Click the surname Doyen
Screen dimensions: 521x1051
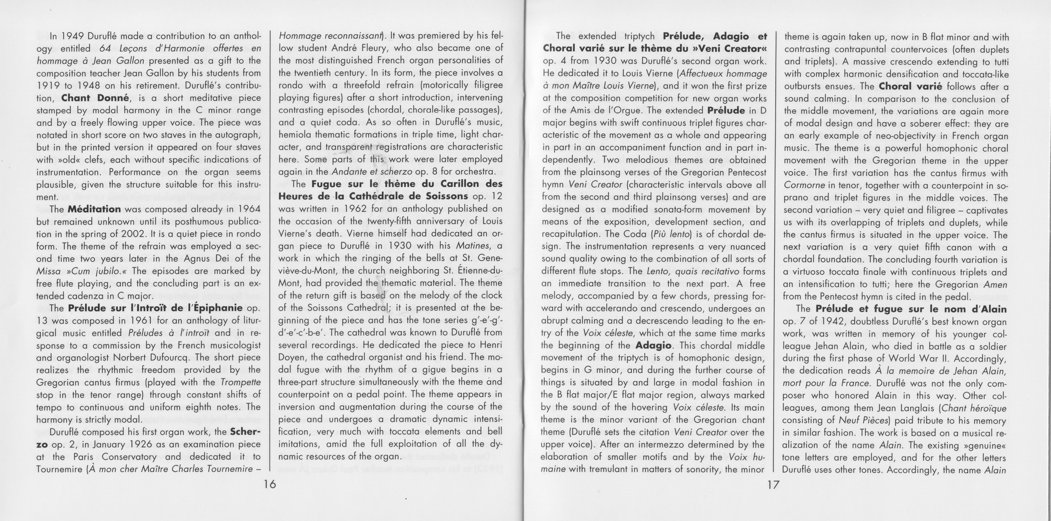(x=292, y=357)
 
